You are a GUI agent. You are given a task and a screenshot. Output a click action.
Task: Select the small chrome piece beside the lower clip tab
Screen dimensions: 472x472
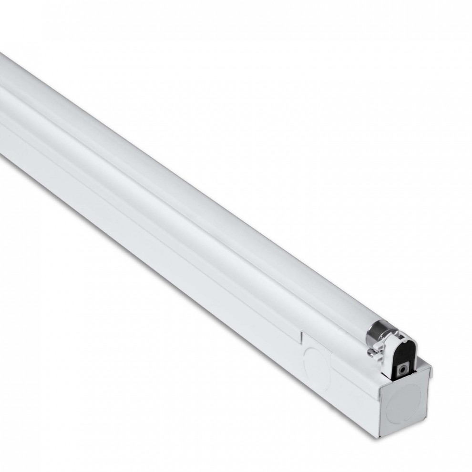point(370,353)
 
